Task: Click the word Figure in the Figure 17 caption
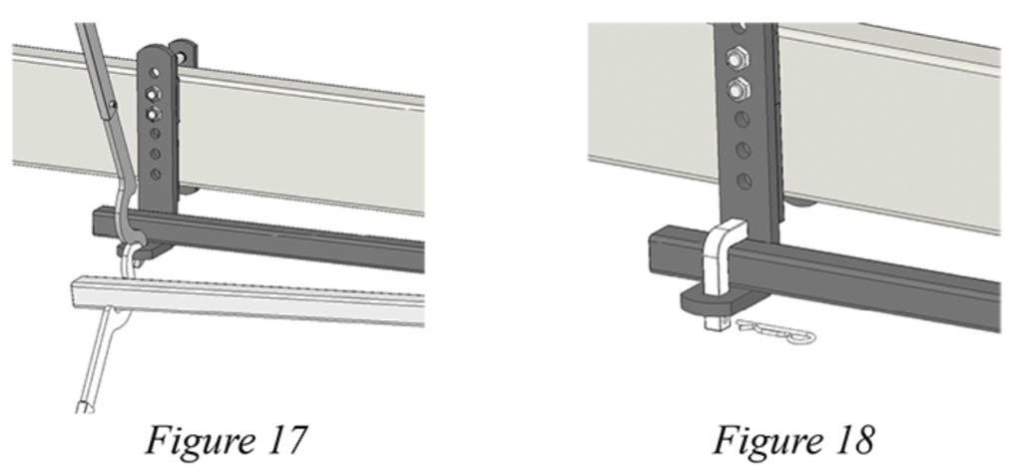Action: click(199, 441)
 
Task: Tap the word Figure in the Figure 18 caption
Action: click(767, 441)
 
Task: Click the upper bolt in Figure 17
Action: click(154, 93)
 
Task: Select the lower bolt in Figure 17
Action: click(153, 115)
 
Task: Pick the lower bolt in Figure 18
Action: click(738, 90)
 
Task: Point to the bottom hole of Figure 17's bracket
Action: click(156, 175)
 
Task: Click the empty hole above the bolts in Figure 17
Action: click(155, 73)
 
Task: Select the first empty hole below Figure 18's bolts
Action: click(743, 119)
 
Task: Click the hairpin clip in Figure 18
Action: click(775, 331)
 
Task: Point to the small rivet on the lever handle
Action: click(114, 104)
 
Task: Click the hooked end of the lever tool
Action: click(132, 250)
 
